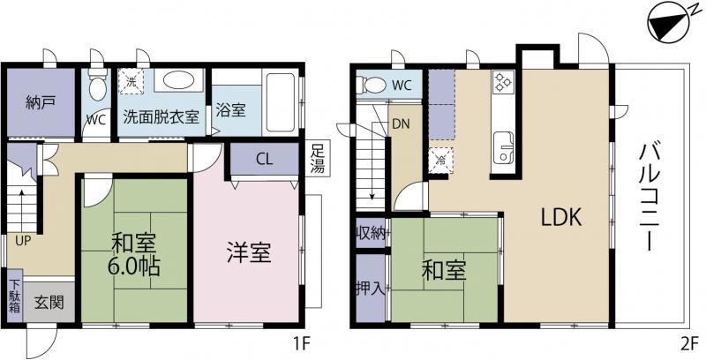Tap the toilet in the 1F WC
click(97, 85)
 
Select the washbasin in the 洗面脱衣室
click(178, 80)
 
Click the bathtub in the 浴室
click(280, 101)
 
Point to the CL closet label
click(265, 160)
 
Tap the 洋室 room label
click(249, 252)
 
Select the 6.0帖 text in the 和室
click(133, 267)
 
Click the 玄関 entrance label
click(49, 303)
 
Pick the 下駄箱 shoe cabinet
click(15, 296)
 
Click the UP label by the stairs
click(23, 241)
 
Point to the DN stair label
click(401, 124)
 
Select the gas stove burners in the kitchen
click(503, 81)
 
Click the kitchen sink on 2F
click(503, 148)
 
